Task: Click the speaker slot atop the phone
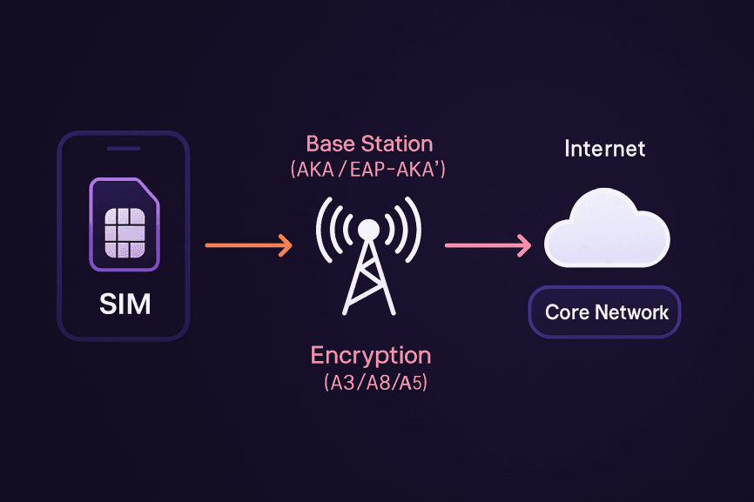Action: [x=123, y=149]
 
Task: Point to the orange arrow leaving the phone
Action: [x=248, y=246]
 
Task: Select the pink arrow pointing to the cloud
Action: [x=487, y=246]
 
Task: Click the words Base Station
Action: [x=369, y=144]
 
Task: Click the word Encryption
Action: [x=371, y=355]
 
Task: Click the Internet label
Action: [x=605, y=149]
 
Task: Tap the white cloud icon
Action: [x=607, y=231]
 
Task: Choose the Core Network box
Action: [x=605, y=312]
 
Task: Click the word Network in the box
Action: [x=633, y=312]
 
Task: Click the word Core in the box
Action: [x=566, y=312]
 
